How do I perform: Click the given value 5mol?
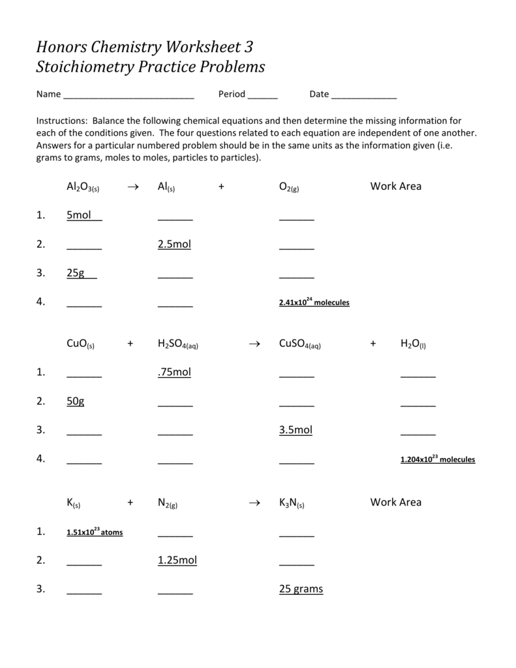pyautogui.click(x=79, y=215)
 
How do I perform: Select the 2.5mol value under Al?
pyautogui.click(x=174, y=244)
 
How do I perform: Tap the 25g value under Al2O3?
pyautogui.click(x=76, y=273)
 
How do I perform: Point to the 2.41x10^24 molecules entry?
pyautogui.click(x=314, y=303)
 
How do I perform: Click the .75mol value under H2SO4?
pyautogui.click(x=174, y=372)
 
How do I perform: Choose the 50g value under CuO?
pyautogui.click(x=76, y=401)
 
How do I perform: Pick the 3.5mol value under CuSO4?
pyautogui.click(x=296, y=430)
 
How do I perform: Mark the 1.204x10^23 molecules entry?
pyautogui.click(x=437, y=459)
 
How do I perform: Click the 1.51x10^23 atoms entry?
pyautogui.click(x=95, y=532)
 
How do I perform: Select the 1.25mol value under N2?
pyautogui.click(x=177, y=560)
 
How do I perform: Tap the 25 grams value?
pyautogui.click(x=301, y=589)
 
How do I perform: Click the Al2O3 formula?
pyautogui.click(x=82, y=187)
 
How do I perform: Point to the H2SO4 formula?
pyautogui.click(x=177, y=344)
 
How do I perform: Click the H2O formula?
pyautogui.click(x=413, y=344)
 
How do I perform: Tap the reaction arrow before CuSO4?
pyautogui.click(x=255, y=343)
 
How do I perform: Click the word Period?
pyautogui.click(x=232, y=94)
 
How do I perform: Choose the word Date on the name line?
pyautogui.click(x=319, y=94)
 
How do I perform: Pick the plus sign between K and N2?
pyautogui.click(x=130, y=502)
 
